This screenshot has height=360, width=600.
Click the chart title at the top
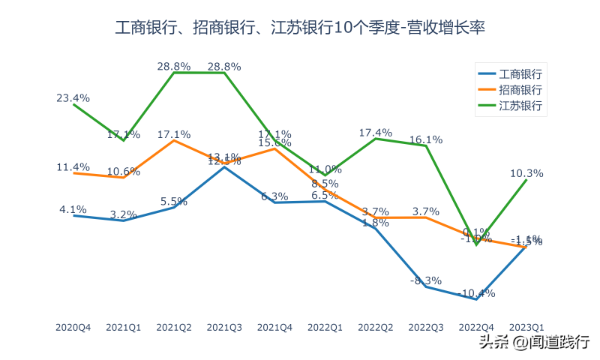click(x=300, y=28)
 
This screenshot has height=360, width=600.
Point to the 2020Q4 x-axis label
click(x=73, y=327)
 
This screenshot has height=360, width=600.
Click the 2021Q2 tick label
click(x=174, y=327)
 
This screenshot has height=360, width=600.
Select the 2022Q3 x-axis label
click(x=426, y=327)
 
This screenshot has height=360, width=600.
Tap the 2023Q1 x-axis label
click(x=526, y=327)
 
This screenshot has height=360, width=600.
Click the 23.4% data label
click(x=73, y=97)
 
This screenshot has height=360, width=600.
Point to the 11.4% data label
click(x=73, y=166)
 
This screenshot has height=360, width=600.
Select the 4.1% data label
click(x=73, y=209)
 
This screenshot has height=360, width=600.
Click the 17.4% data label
click(x=376, y=133)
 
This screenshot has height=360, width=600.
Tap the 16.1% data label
click(x=426, y=139)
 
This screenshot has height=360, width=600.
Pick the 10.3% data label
click(x=526, y=173)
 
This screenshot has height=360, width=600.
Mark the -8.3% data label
click(x=426, y=280)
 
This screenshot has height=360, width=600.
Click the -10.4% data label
click(x=477, y=292)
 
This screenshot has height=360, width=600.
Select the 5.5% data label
click(x=174, y=201)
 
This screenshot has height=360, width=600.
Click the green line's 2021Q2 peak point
click(x=174, y=73)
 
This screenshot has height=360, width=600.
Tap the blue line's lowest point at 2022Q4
click(x=476, y=298)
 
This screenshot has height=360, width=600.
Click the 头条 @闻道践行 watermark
click(x=533, y=342)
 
